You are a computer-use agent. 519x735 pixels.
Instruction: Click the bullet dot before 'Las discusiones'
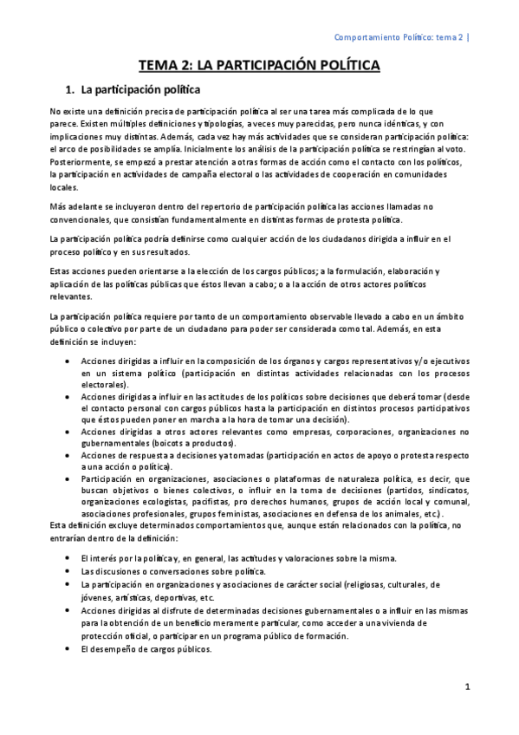tap(68, 572)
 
